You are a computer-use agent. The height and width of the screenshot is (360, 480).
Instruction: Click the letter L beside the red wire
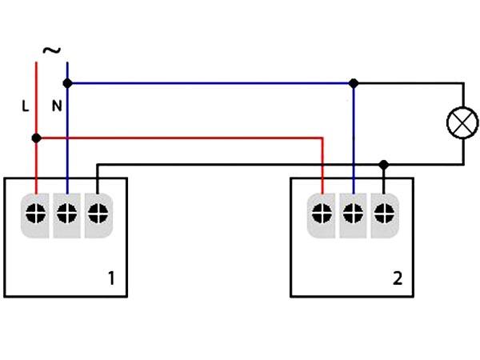(26, 106)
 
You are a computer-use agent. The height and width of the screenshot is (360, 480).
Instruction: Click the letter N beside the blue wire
(57, 106)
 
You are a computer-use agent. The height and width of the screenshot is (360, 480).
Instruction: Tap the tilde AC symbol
(52, 50)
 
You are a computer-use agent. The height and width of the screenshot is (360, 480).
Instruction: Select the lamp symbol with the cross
(462, 122)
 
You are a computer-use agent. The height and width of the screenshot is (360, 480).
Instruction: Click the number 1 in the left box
(111, 278)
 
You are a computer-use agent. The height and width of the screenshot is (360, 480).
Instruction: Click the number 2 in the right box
(398, 278)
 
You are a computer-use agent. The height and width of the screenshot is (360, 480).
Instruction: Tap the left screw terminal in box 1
(36, 214)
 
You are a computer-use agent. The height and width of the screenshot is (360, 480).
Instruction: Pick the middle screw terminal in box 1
(66, 214)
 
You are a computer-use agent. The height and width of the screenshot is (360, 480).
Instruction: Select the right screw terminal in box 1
(98, 214)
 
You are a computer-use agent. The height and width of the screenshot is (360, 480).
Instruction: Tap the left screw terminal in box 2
(322, 214)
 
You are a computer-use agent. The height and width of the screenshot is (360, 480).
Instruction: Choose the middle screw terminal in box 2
(354, 214)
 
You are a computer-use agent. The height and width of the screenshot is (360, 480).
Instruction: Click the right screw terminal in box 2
(385, 214)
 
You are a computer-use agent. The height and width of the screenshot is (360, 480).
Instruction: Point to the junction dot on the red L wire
(37, 138)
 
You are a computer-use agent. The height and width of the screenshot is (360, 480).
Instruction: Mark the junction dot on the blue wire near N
(67, 83)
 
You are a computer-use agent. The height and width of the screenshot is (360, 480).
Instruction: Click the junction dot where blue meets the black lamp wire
(354, 83)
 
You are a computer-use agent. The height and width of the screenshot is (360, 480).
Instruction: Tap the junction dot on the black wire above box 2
(383, 165)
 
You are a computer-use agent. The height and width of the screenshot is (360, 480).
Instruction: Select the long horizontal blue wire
(210, 83)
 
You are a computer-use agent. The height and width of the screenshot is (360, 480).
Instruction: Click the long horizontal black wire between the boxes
(240, 165)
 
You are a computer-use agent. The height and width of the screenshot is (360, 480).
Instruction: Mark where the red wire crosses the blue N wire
(67, 138)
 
